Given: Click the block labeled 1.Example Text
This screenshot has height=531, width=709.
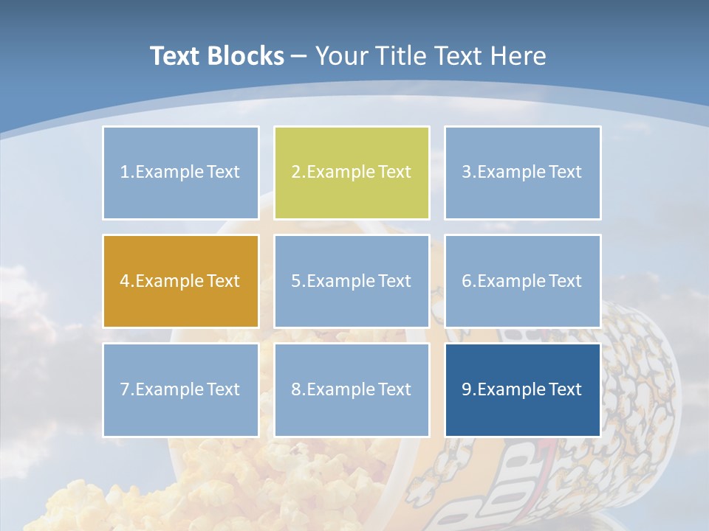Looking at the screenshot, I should tap(180, 173).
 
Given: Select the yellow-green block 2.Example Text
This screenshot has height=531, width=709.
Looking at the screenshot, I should tap(352, 173).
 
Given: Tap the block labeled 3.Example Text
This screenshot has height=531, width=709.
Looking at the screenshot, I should tap(522, 173).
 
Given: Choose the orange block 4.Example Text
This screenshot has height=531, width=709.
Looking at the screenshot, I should tap(180, 281).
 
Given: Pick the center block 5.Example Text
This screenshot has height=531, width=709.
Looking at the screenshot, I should tap(352, 281).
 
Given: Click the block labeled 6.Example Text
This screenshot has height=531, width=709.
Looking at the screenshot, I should tap(522, 281).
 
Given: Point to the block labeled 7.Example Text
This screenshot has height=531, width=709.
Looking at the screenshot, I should tap(180, 389).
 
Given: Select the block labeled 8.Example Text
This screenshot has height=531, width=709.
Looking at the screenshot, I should tap(352, 389).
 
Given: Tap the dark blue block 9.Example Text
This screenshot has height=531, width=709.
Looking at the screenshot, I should tap(522, 389).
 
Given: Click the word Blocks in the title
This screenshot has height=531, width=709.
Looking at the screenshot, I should tap(247, 56).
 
